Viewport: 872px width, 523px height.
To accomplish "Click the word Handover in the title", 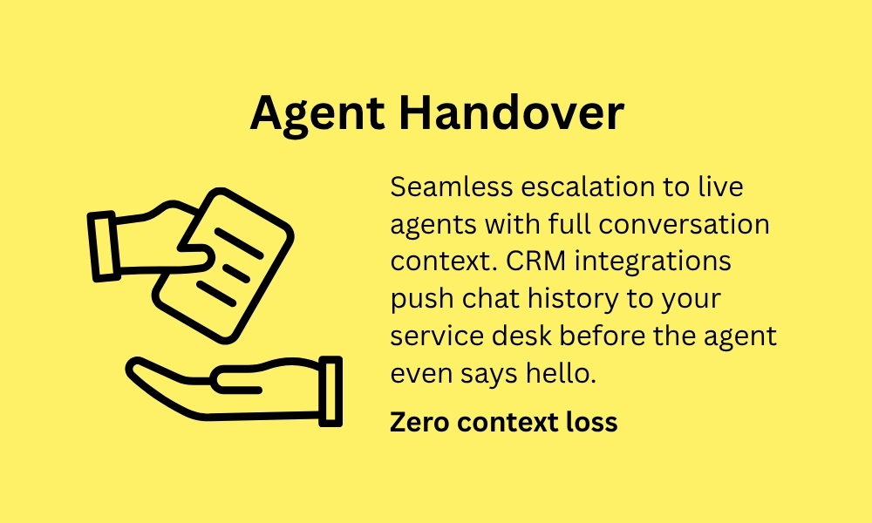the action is click(512, 112).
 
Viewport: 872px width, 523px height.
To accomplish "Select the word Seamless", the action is click(452, 187).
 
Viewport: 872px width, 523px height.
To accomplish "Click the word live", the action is click(721, 187).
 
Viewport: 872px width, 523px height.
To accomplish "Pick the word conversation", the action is click(685, 225).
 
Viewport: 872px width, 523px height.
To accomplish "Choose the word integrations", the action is click(653, 262).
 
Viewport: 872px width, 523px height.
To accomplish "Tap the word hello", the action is click(561, 373).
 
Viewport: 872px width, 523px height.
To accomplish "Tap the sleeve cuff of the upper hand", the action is click(104, 246).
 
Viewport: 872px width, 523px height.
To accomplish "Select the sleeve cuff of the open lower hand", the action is click(330, 391).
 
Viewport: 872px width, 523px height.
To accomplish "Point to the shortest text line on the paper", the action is click(236, 273).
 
